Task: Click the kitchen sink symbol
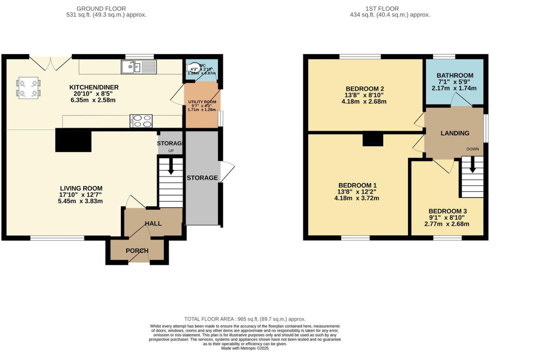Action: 138,67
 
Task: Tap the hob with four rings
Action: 141,121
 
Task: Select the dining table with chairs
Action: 28,88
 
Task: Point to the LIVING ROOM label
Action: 81,188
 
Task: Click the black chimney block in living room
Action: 73,141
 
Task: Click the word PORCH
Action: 137,251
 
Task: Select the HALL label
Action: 153,223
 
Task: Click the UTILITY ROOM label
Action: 202,102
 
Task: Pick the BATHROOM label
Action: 455,76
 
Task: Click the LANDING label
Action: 455,133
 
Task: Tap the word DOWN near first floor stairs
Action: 472,149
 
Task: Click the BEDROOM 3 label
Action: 448,211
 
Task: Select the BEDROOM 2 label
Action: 365,89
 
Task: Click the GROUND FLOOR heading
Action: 101,8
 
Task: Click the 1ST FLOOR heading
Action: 382,8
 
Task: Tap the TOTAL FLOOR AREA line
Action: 245,319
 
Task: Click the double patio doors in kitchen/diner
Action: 51,63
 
